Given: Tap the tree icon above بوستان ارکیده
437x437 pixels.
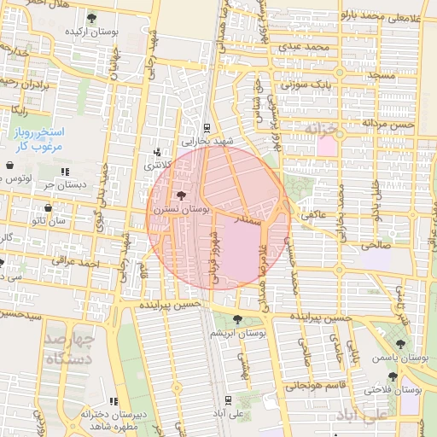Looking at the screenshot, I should point(91,18).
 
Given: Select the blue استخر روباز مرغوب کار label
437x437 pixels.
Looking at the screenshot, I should point(42,139).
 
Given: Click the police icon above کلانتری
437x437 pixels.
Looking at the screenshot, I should point(156,150).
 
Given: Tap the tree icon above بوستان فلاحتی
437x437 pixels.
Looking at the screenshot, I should point(393,376).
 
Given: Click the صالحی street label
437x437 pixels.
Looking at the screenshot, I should point(376,244).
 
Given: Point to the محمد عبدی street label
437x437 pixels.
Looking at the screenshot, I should point(308,46).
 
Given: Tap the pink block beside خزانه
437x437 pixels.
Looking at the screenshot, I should point(327,145).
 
